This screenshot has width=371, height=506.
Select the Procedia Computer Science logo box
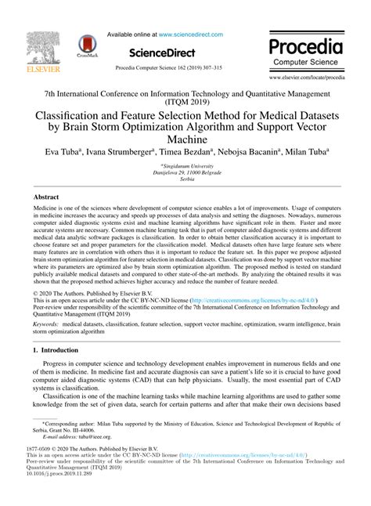pos(306,50)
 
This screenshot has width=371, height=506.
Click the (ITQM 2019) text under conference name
pos(185,102)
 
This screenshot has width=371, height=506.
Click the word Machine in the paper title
pos(185,138)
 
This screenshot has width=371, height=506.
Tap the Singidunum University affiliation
pos(186,166)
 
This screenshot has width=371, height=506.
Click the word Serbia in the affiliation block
pos(185,179)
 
